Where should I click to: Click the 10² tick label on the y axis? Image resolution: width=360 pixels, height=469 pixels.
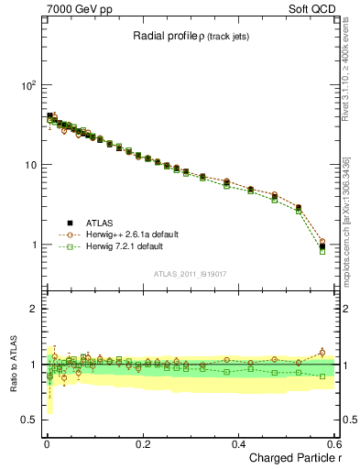coord(28,85)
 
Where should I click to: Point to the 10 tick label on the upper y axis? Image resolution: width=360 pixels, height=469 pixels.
coord(30,165)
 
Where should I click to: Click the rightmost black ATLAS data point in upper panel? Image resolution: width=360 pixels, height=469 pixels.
coord(322,246)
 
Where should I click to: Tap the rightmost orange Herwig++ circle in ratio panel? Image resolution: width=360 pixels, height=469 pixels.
coord(322,352)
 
